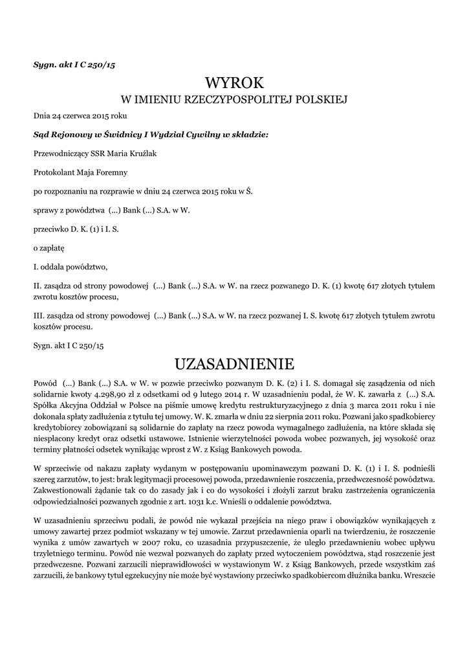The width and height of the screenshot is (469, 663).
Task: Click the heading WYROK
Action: pos(234,82)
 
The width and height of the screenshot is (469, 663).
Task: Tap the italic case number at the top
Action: pos(74,65)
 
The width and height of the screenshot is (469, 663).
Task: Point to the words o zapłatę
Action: pos(49,247)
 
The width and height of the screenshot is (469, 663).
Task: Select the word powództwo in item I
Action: pos(85,266)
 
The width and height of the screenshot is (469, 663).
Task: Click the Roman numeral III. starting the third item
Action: pos(39,316)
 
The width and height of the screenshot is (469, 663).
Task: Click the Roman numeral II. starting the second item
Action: pos(38,285)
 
